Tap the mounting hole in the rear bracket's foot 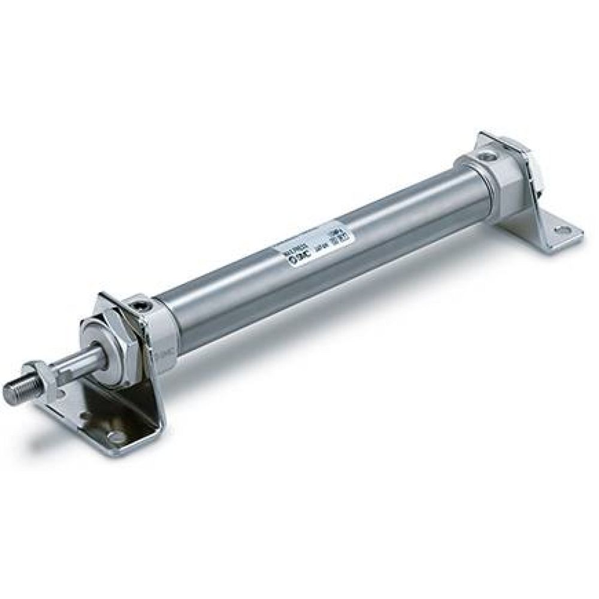tap(561, 229)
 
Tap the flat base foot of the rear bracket tap(542, 231)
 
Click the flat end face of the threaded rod tap(8, 394)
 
